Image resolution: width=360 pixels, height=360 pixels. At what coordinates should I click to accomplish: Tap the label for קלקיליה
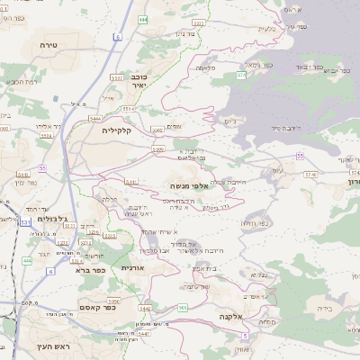point(116,131)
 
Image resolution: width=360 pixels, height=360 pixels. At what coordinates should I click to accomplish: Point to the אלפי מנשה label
point(189,185)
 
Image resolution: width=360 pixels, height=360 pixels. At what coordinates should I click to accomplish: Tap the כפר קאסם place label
point(86,308)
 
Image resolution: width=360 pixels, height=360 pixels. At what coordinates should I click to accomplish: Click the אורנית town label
point(132,266)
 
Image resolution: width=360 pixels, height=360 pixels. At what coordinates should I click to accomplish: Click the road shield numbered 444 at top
point(144,18)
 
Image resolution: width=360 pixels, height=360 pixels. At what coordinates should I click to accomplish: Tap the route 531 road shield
point(25,220)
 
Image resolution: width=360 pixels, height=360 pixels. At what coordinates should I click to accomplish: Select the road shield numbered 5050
point(158,149)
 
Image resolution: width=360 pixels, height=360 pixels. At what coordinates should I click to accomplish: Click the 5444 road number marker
point(95,117)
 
